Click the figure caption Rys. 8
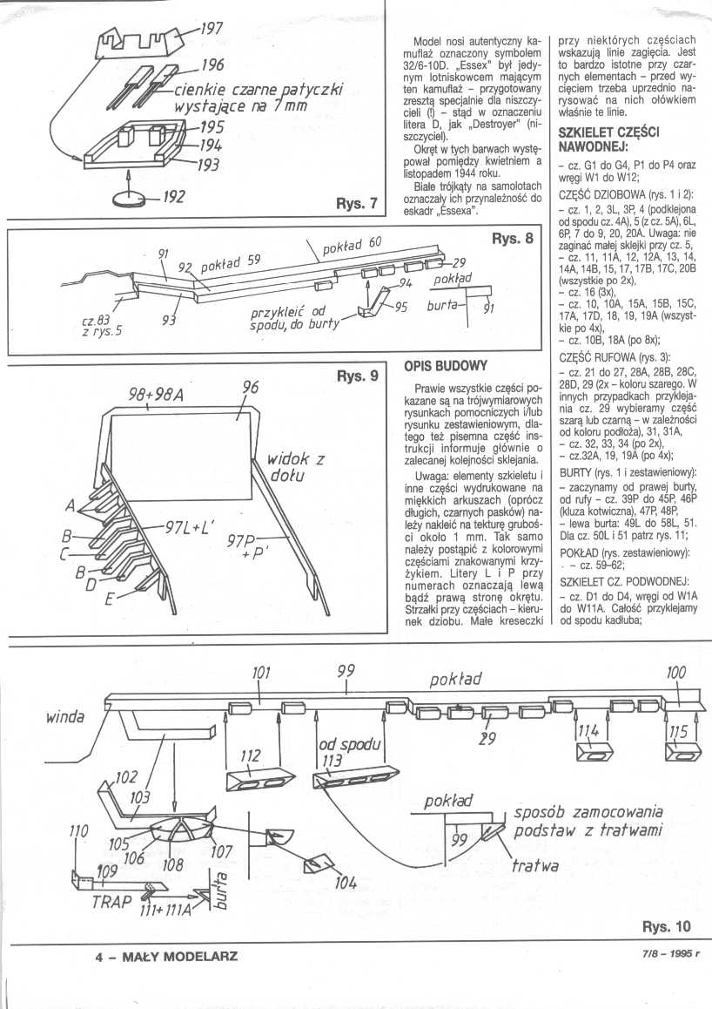point(513,240)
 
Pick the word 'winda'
point(65,717)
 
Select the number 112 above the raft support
point(251,757)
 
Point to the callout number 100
point(675,673)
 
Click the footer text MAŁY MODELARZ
point(165,956)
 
